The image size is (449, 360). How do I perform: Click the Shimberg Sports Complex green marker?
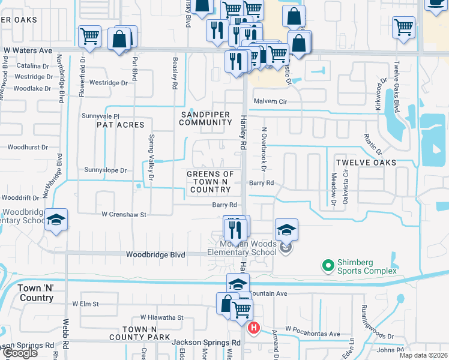(x=328, y=265)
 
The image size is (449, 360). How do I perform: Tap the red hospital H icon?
(x=254, y=328)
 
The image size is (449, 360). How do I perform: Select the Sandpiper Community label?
(x=205, y=118)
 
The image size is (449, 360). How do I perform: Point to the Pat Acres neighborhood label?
(x=121, y=125)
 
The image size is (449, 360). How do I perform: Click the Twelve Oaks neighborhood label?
(x=366, y=163)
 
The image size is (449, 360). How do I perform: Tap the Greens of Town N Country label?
(x=209, y=182)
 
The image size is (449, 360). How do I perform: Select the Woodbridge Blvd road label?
(x=155, y=254)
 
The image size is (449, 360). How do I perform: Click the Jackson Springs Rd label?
(x=206, y=343)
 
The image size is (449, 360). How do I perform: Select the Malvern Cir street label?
(x=270, y=102)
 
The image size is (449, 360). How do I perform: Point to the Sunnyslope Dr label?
(x=106, y=170)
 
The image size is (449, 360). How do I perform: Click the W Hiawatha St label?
(x=161, y=317)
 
